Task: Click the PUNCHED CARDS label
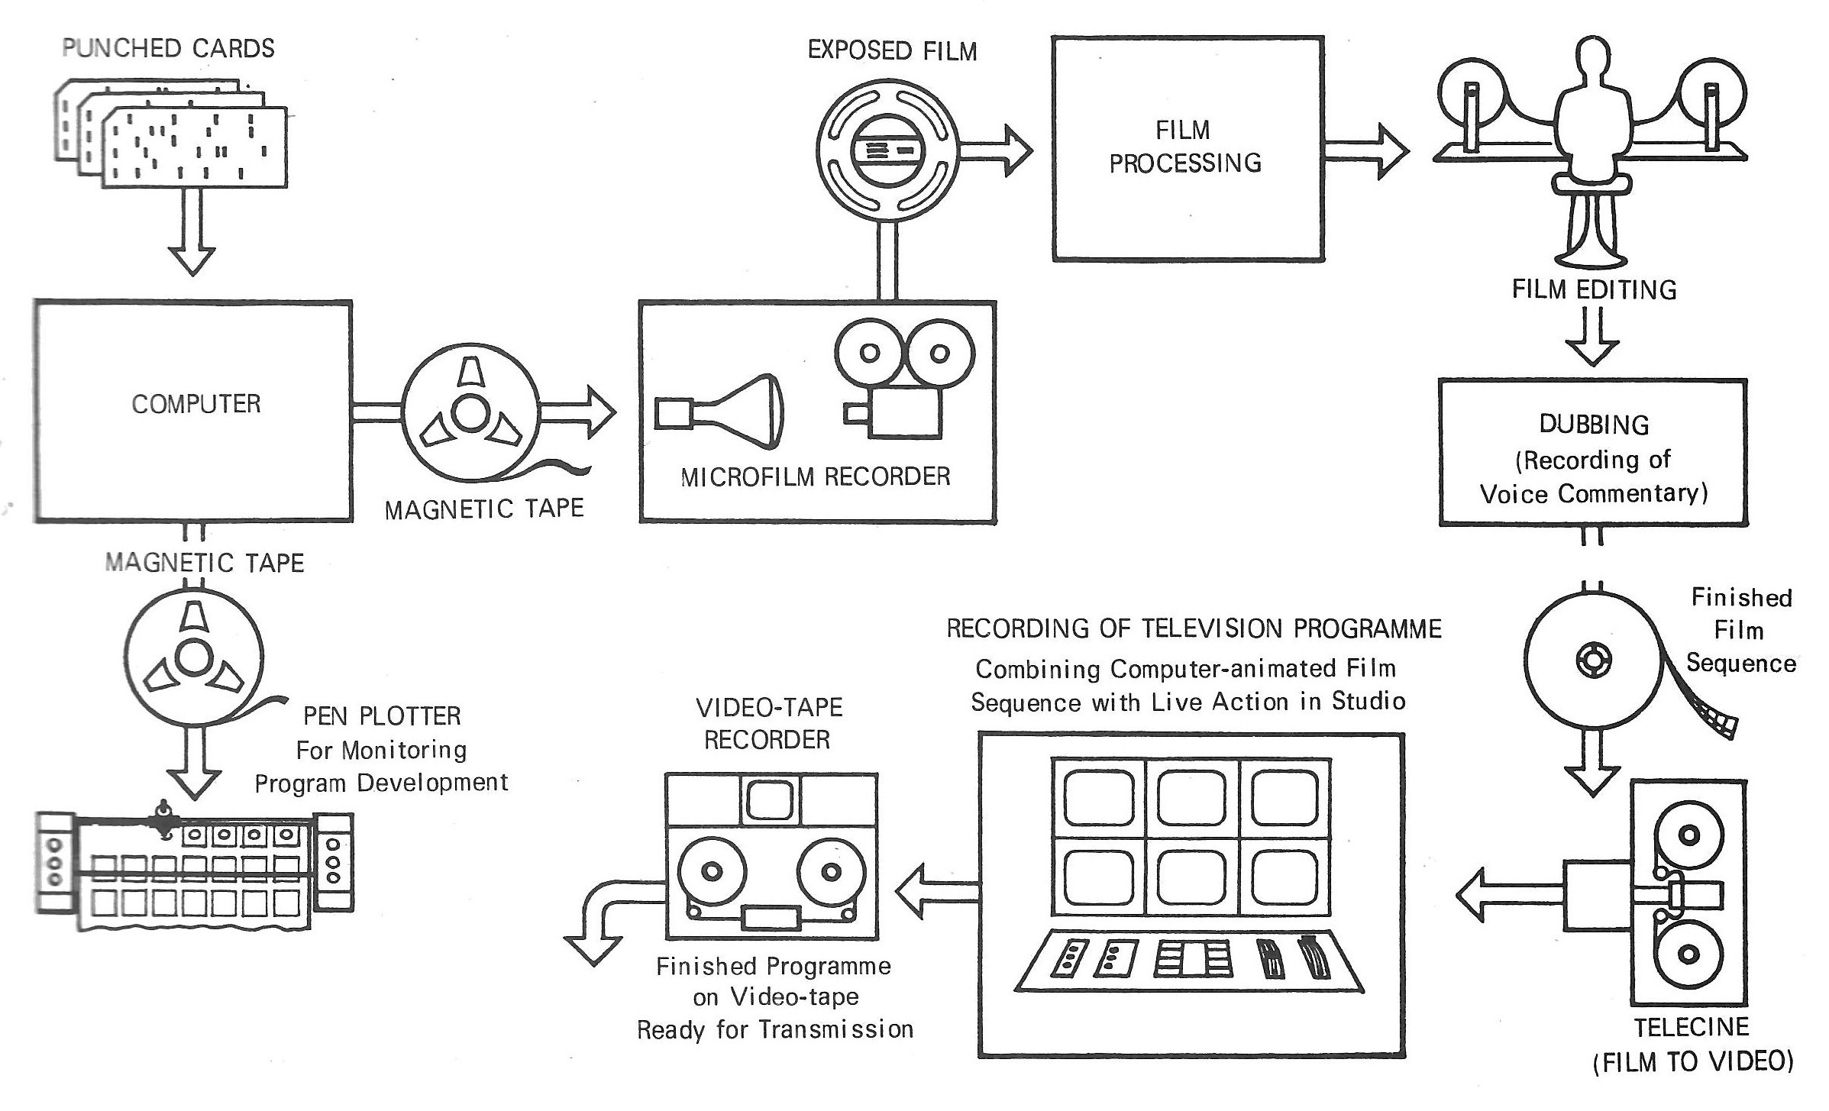pyautogui.click(x=168, y=48)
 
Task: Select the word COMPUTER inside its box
pyautogui.click(x=196, y=404)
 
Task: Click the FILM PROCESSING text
pyautogui.click(x=1185, y=147)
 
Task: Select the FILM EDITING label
pyautogui.click(x=1594, y=289)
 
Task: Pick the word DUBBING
pyautogui.click(x=1594, y=425)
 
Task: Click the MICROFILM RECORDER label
pyautogui.click(x=816, y=477)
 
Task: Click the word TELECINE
pyautogui.click(x=1692, y=1027)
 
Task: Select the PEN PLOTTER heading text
pyautogui.click(x=382, y=715)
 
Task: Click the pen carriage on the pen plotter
pyautogui.click(x=162, y=819)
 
